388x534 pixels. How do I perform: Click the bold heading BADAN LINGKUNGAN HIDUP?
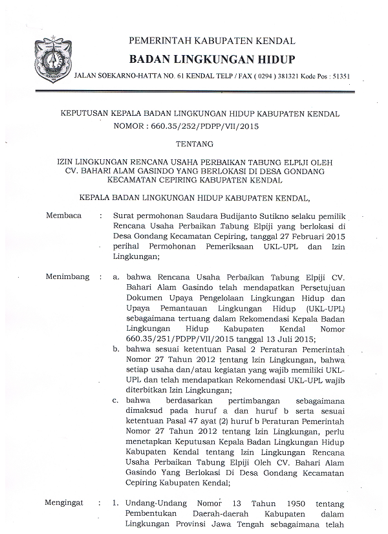click(x=212, y=59)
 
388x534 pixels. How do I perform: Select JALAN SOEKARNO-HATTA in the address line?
click(x=115, y=76)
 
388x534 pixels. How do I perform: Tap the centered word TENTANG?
click(x=193, y=146)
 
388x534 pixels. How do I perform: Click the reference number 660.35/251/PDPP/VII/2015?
click(x=169, y=339)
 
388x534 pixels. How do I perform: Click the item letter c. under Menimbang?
click(x=114, y=400)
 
